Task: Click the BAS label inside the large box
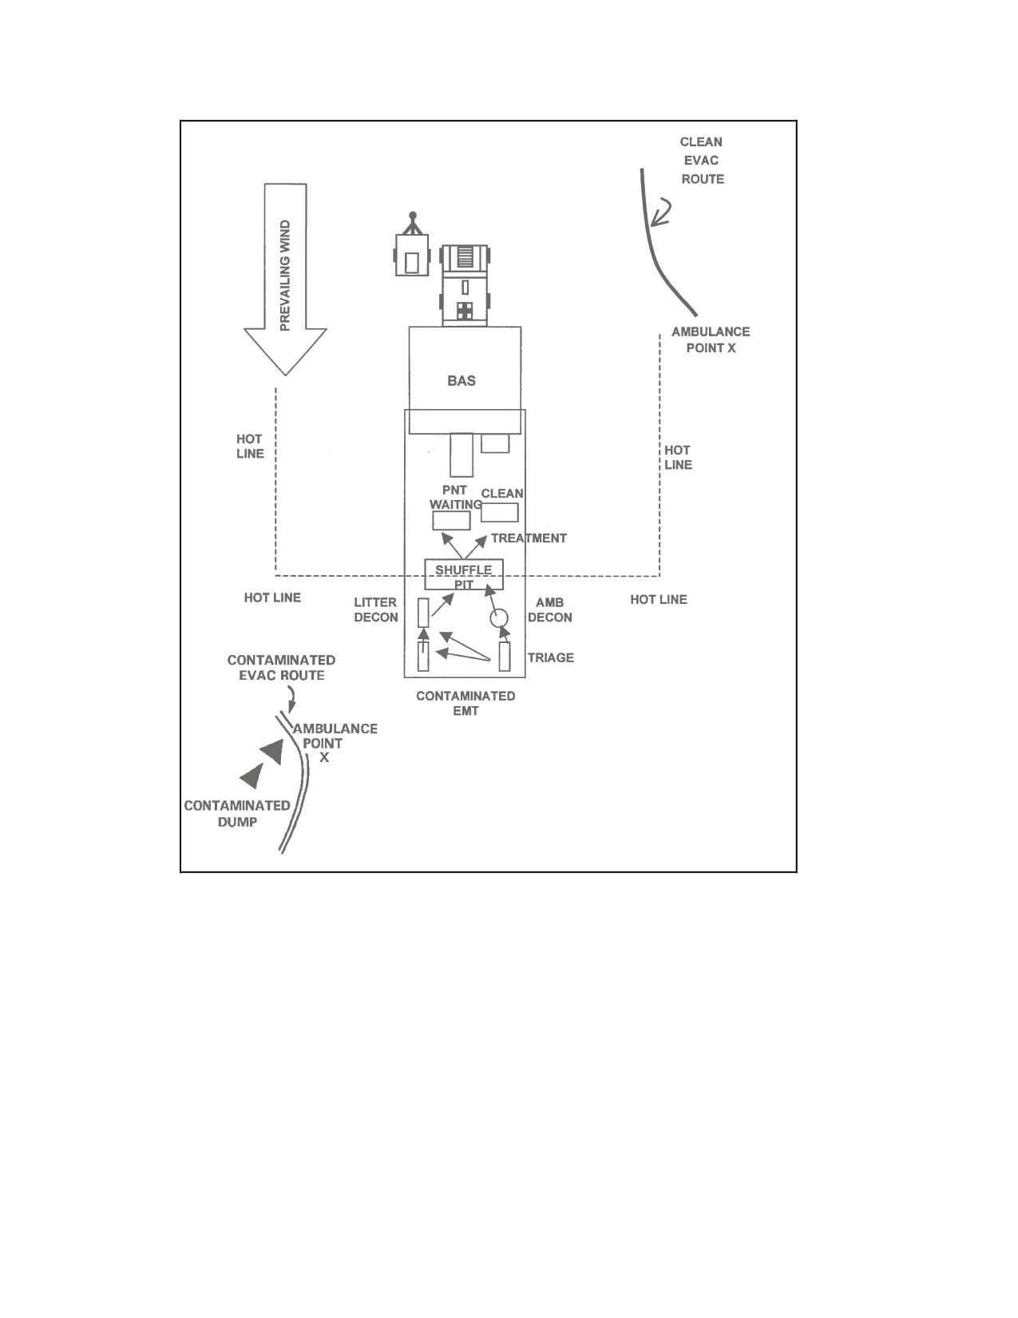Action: pos(461,381)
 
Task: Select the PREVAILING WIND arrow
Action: pos(285,280)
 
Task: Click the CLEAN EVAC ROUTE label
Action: pos(702,161)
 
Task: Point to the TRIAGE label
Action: pos(551,657)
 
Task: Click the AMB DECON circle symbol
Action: pos(498,618)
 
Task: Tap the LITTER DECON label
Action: pos(376,609)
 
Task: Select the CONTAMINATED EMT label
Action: pos(465,703)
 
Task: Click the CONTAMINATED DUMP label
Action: pos(237,813)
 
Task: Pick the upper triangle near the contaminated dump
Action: pos(273,752)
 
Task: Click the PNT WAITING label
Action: pos(455,498)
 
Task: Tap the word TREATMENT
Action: pos(529,538)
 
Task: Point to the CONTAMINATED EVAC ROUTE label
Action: pos(281,668)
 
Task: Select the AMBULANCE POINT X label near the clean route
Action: pos(711,339)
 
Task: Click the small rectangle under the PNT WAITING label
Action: pos(451,520)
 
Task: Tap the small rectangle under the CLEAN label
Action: pos(500,512)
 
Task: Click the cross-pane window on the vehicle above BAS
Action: pos(465,311)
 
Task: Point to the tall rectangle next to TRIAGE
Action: pos(505,657)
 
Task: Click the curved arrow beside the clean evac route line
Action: pos(662,212)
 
